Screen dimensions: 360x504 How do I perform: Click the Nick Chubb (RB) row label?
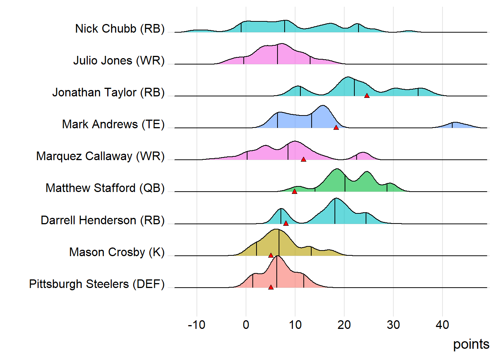[x=120, y=28]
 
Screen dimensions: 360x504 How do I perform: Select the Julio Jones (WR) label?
[x=119, y=60]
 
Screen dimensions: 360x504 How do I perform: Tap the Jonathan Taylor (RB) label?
[x=108, y=92]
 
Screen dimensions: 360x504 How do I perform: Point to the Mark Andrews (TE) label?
[x=113, y=124]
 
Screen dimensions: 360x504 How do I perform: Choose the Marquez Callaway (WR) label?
[x=100, y=156]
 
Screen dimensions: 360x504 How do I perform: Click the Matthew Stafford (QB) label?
[x=105, y=188]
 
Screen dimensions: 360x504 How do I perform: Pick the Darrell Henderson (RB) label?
[x=102, y=220]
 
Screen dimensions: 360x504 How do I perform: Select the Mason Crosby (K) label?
[x=117, y=252]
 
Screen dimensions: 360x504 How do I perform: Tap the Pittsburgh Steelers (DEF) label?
[x=97, y=284]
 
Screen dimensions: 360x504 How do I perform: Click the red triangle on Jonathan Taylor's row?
[x=367, y=96]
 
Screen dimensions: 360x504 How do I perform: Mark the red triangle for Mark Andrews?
[x=336, y=128]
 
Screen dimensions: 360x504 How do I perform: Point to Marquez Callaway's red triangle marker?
[x=303, y=160]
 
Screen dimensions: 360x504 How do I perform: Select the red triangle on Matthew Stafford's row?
[x=294, y=192]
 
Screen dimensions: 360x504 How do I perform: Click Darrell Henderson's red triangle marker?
[x=286, y=223]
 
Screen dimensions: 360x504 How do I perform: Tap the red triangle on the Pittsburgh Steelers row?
[x=271, y=287]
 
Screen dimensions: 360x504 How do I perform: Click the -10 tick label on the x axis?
[x=196, y=325]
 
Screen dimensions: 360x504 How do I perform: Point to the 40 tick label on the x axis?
[x=442, y=325]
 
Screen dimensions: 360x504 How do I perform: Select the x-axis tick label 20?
[x=344, y=325]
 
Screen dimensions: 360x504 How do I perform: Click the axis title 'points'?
[x=471, y=344]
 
